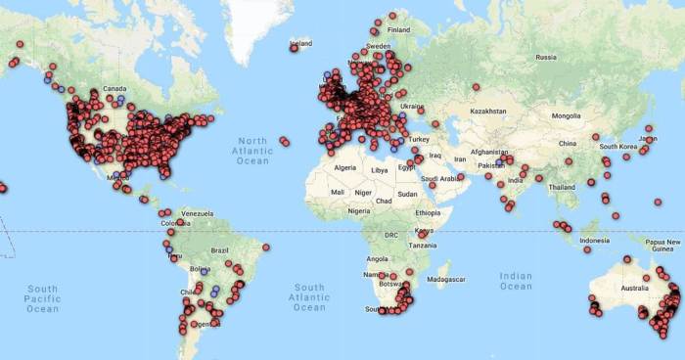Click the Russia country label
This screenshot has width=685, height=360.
[546, 58]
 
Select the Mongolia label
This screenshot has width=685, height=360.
[566, 116]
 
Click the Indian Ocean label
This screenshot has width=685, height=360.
[516, 280]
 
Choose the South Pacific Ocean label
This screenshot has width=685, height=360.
[42, 298]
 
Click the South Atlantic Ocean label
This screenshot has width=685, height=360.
[309, 297]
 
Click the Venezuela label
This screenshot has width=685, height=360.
[198, 213]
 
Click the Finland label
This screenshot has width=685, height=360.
[398, 29]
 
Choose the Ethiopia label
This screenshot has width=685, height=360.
[428, 212]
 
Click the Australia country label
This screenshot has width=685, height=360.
[636, 288]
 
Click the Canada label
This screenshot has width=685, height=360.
[114, 87]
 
